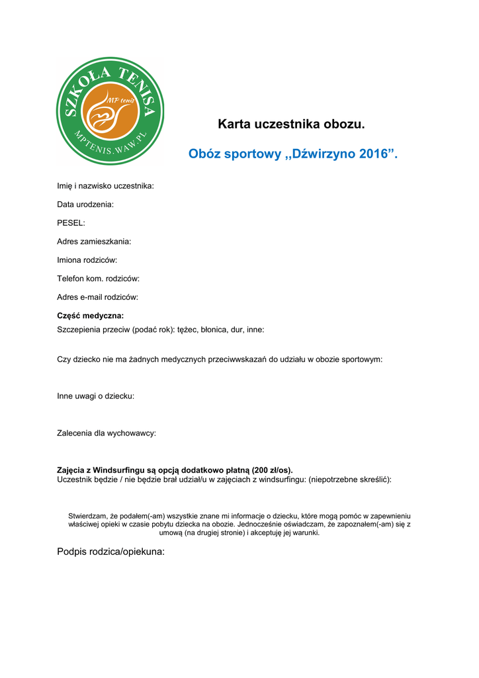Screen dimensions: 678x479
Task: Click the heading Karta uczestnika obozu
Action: (291, 124)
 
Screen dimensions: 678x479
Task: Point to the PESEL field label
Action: (71, 223)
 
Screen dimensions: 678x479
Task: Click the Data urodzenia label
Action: (85, 205)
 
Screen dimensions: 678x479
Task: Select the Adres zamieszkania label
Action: (94, 242)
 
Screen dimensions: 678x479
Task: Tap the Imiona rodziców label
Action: (87, 260)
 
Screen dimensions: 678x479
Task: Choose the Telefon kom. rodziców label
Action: (98, 279)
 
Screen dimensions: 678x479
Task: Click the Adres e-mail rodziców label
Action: (97, 297)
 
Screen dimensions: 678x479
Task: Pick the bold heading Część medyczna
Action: (91, 316)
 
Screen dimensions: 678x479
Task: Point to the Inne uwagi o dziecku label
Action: (96, 396)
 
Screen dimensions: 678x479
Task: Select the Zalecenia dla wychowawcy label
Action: (107, 433)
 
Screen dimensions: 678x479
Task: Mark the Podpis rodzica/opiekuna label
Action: (110, 552)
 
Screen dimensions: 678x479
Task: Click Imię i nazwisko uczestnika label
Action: (105, 186)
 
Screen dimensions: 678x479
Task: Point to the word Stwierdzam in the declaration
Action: (88, 515)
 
